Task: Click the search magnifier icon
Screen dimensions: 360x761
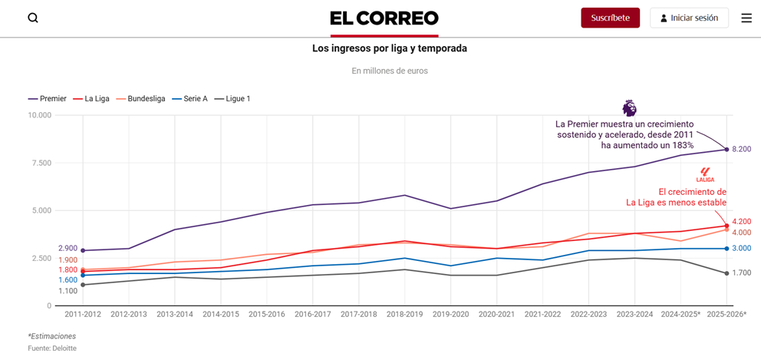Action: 33,18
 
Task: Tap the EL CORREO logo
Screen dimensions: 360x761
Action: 384,18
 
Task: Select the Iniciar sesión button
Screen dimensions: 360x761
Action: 689,18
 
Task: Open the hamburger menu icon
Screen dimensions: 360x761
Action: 746,18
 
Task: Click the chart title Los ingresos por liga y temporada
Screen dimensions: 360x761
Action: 389,48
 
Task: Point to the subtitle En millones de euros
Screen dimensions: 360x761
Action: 390,71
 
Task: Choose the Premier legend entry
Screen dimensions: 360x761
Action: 48,99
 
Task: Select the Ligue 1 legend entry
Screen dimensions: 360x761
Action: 232,99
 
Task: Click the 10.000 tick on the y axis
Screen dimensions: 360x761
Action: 39,115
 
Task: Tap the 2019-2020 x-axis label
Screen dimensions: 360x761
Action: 451,315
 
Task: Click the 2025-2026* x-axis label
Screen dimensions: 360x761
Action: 726,315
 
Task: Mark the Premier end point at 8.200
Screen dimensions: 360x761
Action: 726,149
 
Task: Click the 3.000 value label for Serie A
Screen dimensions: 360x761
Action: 741,249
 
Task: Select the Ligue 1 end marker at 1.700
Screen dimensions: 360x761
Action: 726,273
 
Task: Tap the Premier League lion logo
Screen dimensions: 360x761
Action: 629,107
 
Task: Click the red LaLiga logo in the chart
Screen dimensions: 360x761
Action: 705,175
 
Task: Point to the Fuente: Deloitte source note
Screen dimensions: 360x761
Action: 52,348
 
